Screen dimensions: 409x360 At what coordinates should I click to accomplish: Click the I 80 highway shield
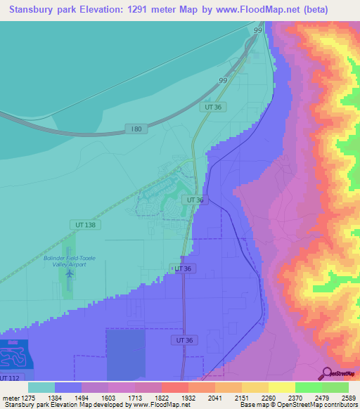coord(137,129)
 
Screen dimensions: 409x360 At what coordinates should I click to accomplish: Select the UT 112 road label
coord(10,378)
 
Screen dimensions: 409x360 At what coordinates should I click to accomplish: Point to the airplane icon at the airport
coord(69,273)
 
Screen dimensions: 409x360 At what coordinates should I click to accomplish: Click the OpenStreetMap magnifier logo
coord(328,372)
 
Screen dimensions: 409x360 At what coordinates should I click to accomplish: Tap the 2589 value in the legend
coord(347,397)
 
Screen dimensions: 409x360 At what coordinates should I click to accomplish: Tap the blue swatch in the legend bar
coord(68,387)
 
